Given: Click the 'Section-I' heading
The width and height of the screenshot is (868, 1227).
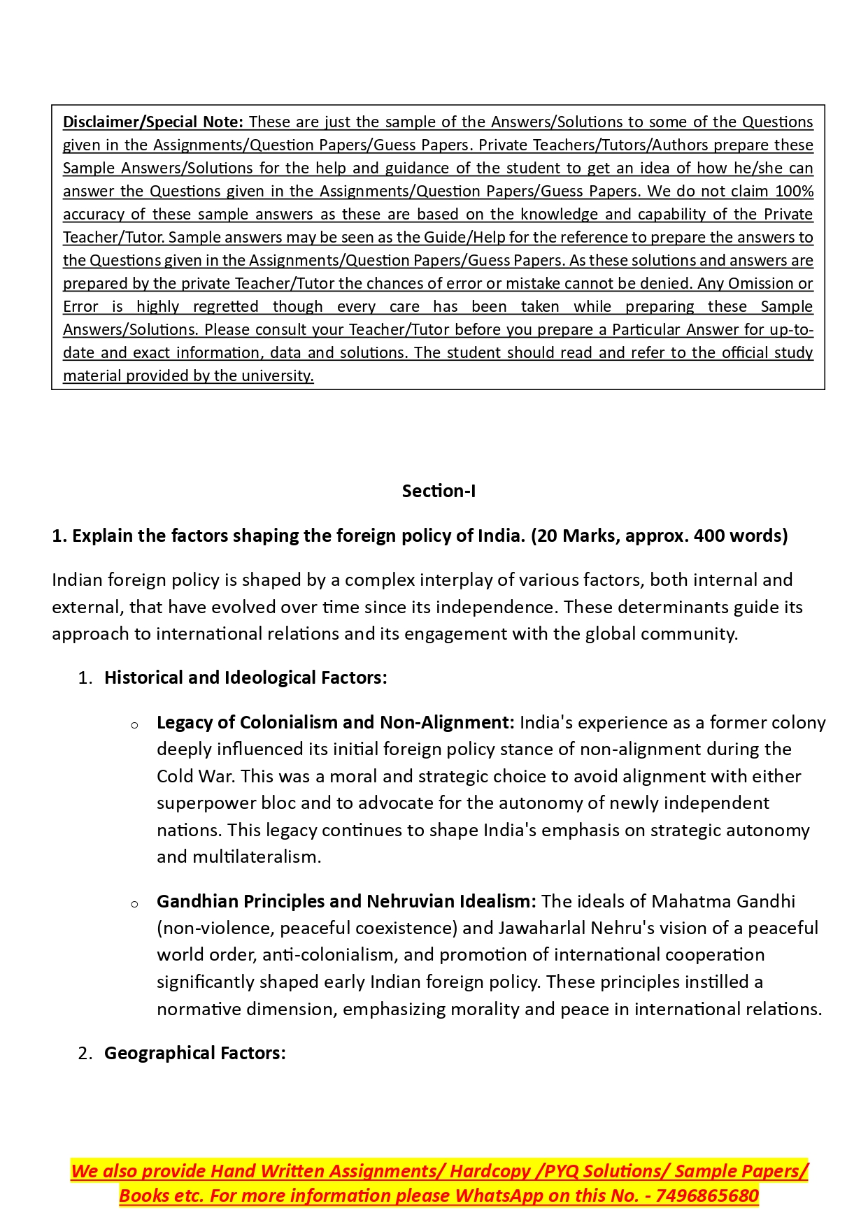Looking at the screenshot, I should tap(439, 491).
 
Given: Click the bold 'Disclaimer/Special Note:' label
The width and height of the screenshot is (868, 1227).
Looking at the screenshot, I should tap(153, 122).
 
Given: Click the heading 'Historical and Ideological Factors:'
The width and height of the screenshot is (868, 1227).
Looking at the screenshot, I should tap(246, 677).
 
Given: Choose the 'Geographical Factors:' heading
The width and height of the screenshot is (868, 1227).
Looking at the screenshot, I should tap(195, 1053).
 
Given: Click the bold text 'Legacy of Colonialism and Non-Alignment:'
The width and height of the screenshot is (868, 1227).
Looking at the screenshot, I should tap(336, 722).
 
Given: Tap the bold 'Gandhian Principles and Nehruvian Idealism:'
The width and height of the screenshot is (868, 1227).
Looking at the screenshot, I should tap(346, 901).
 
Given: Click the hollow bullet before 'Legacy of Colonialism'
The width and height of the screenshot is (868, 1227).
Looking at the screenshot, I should tap(134, 724).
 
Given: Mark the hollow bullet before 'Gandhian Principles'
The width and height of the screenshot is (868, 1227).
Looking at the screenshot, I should tap(134, 903).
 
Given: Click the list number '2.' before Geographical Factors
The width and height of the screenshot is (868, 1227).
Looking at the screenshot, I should tap(85, 1053).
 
